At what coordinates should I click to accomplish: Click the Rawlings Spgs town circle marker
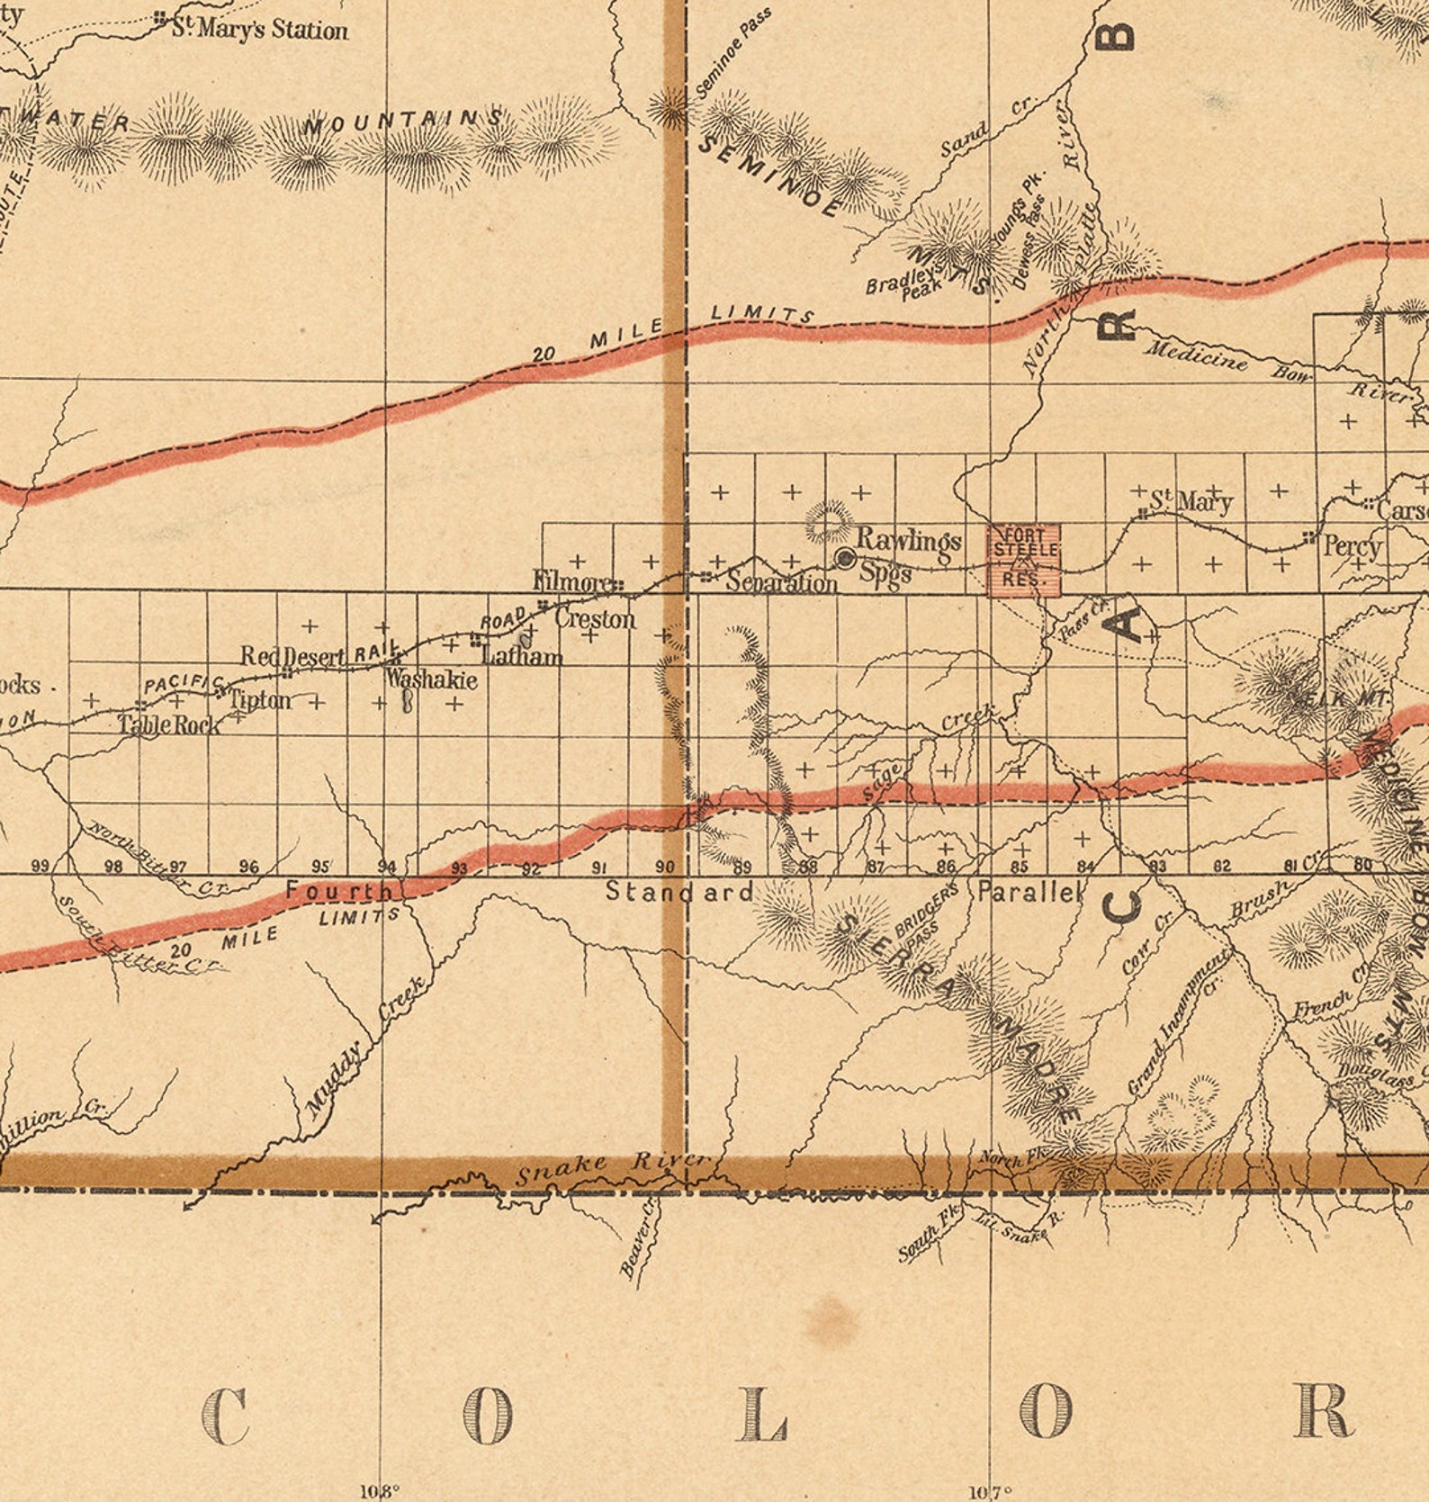coord(845,558)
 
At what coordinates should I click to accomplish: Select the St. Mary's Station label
coord(259,30)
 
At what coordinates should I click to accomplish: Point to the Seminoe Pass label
coord(733,54)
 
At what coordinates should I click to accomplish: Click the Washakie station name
coord(431,679)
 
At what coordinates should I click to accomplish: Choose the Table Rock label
coord(169,724)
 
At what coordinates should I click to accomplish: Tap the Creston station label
coord(595,619)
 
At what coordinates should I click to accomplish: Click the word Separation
coord(781,583)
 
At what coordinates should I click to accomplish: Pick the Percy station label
coord(1353,546)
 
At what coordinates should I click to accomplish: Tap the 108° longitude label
coord(379,1491)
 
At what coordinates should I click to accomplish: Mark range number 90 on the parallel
coord(665,867)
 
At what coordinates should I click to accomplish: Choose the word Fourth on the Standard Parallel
coord(339,892)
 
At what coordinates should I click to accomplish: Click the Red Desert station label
coord(292,657)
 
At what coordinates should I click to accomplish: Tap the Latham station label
coord(522,654)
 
